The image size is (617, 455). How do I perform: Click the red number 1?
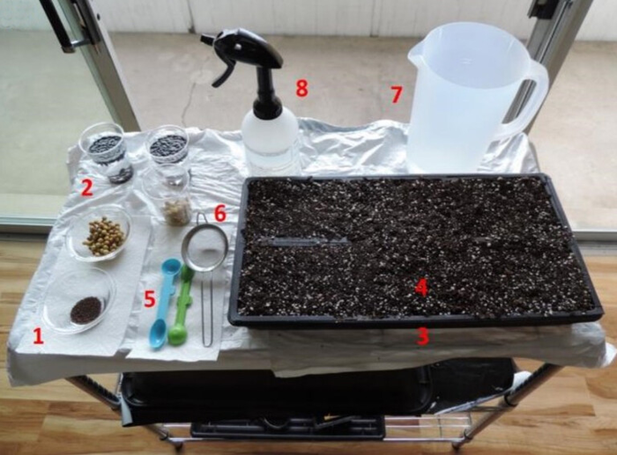tap(37, 335)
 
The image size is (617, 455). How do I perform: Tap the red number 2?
tap(86, 187)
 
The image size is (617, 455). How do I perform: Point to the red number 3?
tap(423, 336)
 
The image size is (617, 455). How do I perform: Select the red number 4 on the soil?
tap(421, 287)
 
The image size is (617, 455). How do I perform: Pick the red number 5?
tap(150, 299)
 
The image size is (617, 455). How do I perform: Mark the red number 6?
tap(219, 213)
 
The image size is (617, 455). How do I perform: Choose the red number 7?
tap(397, 94)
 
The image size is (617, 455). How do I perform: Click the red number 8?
tap(302, 88)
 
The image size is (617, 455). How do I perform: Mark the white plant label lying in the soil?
tap(304, 241)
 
